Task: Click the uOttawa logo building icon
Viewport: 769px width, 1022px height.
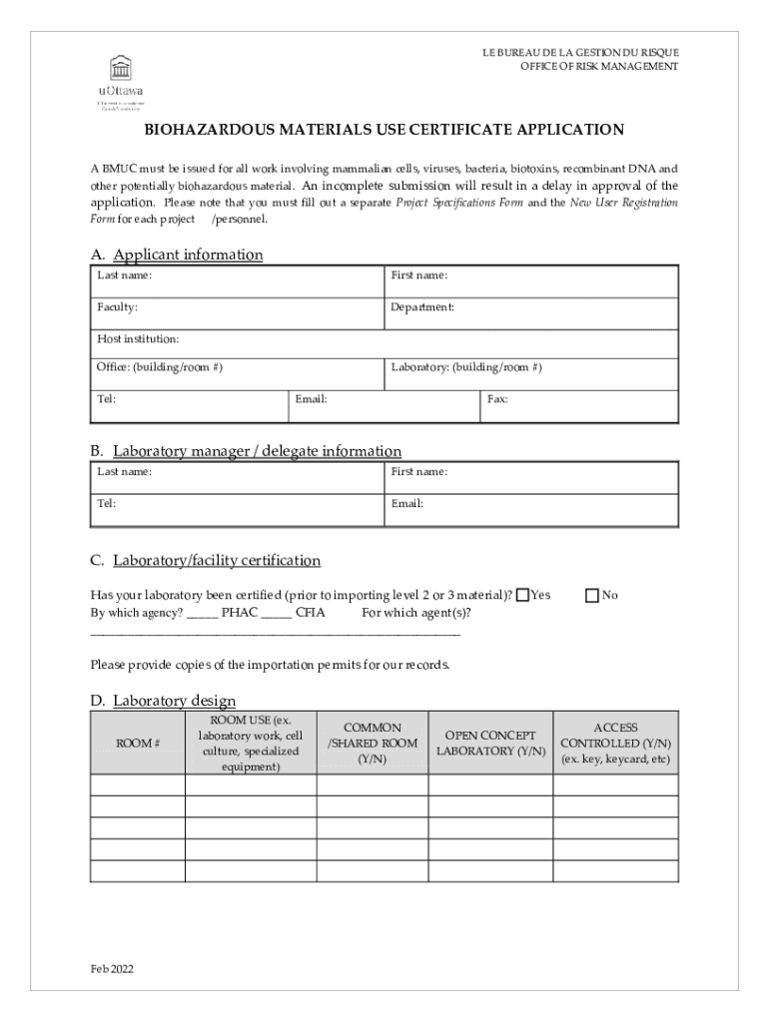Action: click(x=122, y=69)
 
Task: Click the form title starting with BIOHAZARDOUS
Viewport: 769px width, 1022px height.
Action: click(x=384, y=130)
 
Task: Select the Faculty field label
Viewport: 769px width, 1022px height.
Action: click(x=117, y=307)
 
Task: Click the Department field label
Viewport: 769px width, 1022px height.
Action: click(x=422, y=307)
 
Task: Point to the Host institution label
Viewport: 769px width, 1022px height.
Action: click(x=138, y=339)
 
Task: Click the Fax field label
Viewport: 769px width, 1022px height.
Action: click(x=497, y=399)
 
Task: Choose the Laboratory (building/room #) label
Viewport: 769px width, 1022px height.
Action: click(x=466, y=367)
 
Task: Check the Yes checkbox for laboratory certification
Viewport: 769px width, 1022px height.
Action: click(x=522, y=596)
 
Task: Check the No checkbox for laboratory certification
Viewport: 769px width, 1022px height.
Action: click(x=591, y=596)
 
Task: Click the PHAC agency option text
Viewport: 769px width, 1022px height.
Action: click(x=240, y=613)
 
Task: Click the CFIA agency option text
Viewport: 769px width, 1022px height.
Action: click(x=310, y=613)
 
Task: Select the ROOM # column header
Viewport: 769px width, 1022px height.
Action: click(x=138, y=744)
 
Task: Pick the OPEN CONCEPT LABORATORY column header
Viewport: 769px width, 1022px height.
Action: click(x=490, y=744)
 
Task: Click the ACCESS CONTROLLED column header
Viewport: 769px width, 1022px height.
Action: click(x=615, y=744)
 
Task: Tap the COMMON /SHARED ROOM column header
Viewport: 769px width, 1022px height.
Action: click(x=373, y=744)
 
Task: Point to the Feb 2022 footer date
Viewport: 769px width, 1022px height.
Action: click(x=111, y=969)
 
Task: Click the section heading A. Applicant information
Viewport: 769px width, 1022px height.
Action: click(x=177, y=255)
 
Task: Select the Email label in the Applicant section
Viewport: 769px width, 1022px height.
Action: click(x=312, y=399)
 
